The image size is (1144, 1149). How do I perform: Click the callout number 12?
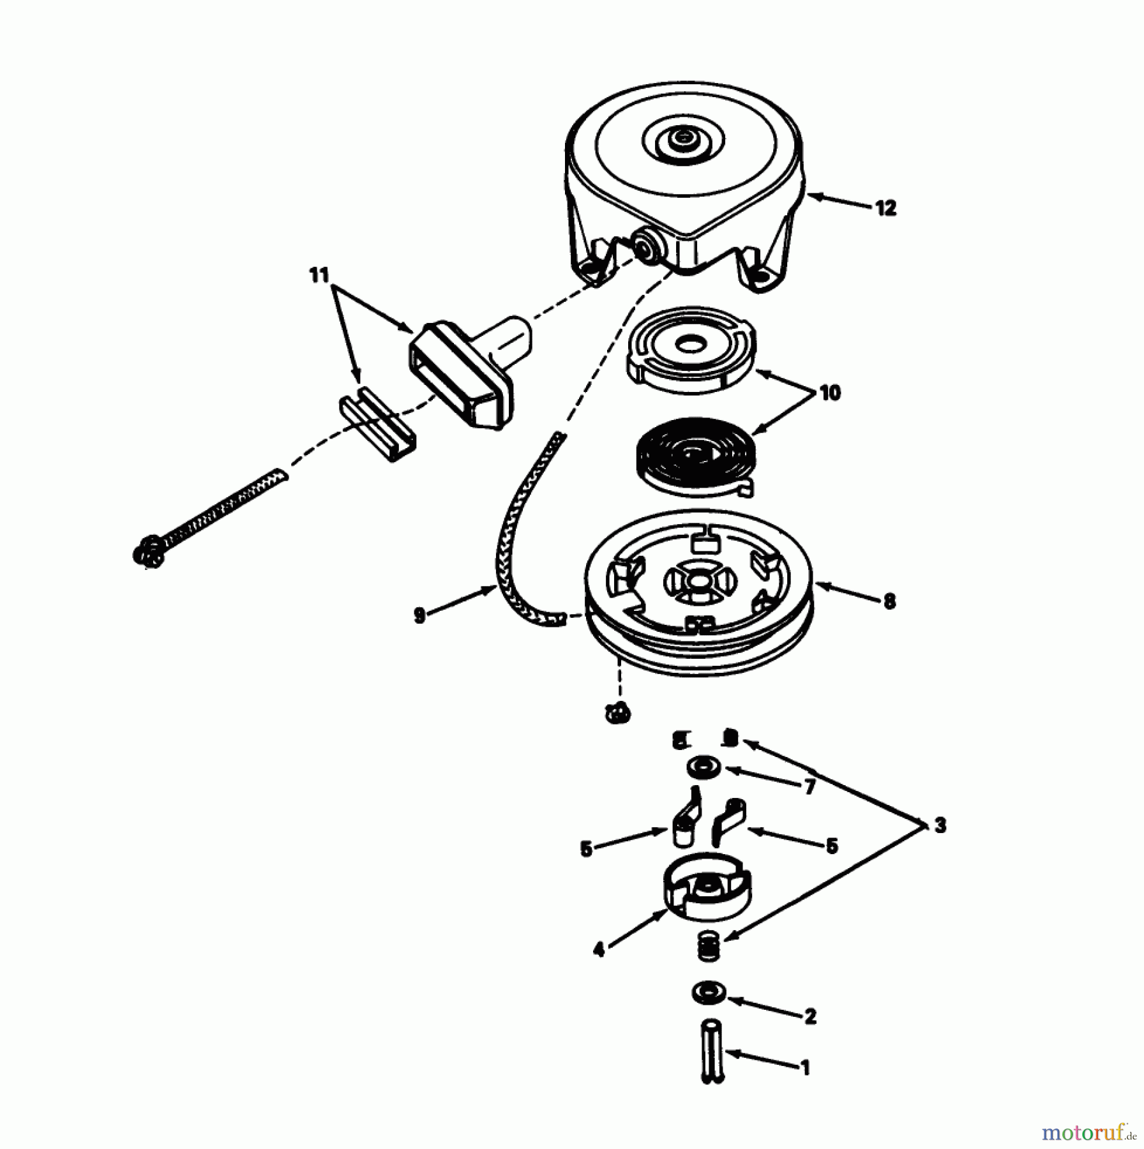click(x=885, y=208)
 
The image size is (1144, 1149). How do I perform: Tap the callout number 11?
click(x=319, y=276)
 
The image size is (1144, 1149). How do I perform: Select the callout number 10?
click(x=829, y=393)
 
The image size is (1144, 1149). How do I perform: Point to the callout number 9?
click(x=419, y=615)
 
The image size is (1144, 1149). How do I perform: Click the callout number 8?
click(x=889, y=601)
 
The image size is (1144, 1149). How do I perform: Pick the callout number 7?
click(x=809, y=788)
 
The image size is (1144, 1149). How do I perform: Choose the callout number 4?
click(x=598, y=950)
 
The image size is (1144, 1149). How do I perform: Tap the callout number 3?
click(x=940, y=825)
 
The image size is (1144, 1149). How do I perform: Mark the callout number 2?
click(x=810, y=1016)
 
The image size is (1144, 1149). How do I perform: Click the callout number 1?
click(x=806, y=1067)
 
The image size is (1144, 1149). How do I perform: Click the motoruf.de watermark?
click(x=1089, y=1134)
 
